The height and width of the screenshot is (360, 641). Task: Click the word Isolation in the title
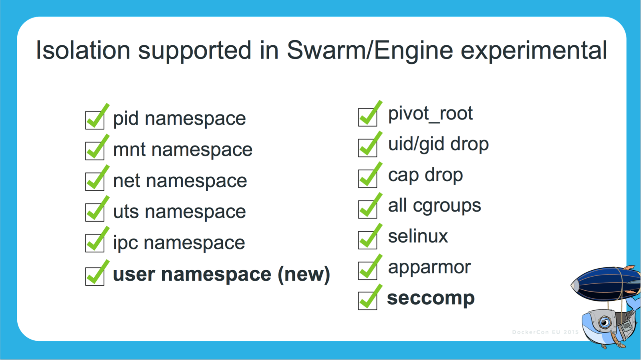(83, 51)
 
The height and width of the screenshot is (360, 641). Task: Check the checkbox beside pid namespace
(95, 119)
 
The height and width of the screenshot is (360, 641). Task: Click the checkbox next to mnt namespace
(95, 150)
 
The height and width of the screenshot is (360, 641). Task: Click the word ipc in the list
(125, 243)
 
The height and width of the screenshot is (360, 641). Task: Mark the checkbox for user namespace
(95, 276)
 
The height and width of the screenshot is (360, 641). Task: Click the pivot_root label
(430, 113)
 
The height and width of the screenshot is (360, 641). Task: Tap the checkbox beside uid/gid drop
(368, 147)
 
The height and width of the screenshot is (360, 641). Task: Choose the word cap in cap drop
(403, 175)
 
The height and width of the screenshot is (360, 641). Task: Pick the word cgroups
(447, 206)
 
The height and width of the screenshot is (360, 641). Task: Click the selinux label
(418, 236)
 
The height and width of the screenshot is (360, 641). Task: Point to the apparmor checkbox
(368, 270)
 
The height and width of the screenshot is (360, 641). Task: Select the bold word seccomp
(431, 298)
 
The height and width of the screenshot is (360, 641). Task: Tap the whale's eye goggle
(605, 322)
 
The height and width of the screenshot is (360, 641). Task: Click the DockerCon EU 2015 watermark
(545, 332)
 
